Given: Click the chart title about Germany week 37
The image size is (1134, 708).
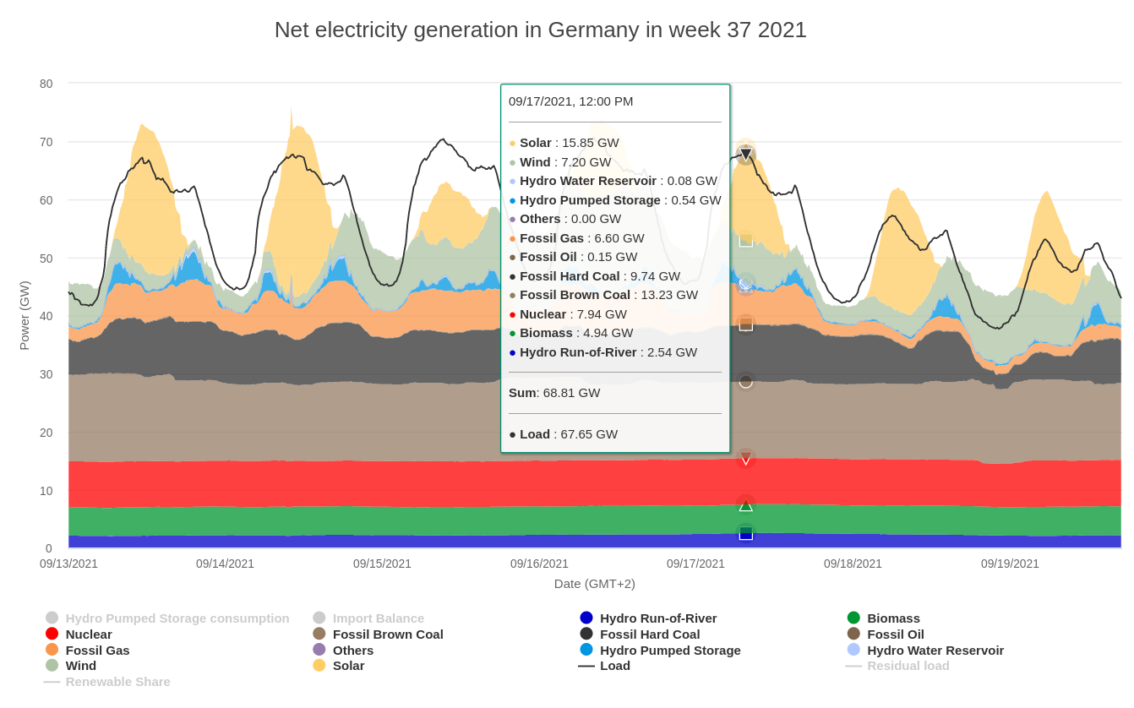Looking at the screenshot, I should pos(540,30).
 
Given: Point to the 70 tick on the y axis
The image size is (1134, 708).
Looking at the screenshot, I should pos(46,142).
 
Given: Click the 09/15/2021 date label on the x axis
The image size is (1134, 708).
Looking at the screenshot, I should pos(382,564).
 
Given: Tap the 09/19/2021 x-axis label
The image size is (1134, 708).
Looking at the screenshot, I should pos(1010,564).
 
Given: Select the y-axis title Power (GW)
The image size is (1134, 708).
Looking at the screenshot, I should pos(25,315).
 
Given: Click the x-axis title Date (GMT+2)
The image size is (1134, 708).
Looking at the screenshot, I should pos(594,583).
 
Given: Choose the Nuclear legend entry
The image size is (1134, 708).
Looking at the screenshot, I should pos(89,634).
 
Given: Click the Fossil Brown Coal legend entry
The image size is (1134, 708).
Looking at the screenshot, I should pos(387,634).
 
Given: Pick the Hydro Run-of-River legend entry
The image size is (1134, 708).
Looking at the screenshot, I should pos(657,618).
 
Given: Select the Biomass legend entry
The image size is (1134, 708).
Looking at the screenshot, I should pos(893,618).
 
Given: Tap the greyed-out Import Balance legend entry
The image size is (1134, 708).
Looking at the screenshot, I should pos(378,618).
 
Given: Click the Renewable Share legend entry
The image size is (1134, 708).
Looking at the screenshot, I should pos(117,681).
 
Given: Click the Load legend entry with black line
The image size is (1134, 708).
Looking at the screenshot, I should pos(614,665).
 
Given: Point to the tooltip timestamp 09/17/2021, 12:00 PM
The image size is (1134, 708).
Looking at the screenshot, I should pos(570,101).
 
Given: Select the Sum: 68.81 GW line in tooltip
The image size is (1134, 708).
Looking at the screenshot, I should pos(554,393).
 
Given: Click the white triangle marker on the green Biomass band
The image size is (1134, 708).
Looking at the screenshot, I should pos(745,505).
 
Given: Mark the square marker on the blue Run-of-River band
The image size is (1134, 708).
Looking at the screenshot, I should pos(745,533).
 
